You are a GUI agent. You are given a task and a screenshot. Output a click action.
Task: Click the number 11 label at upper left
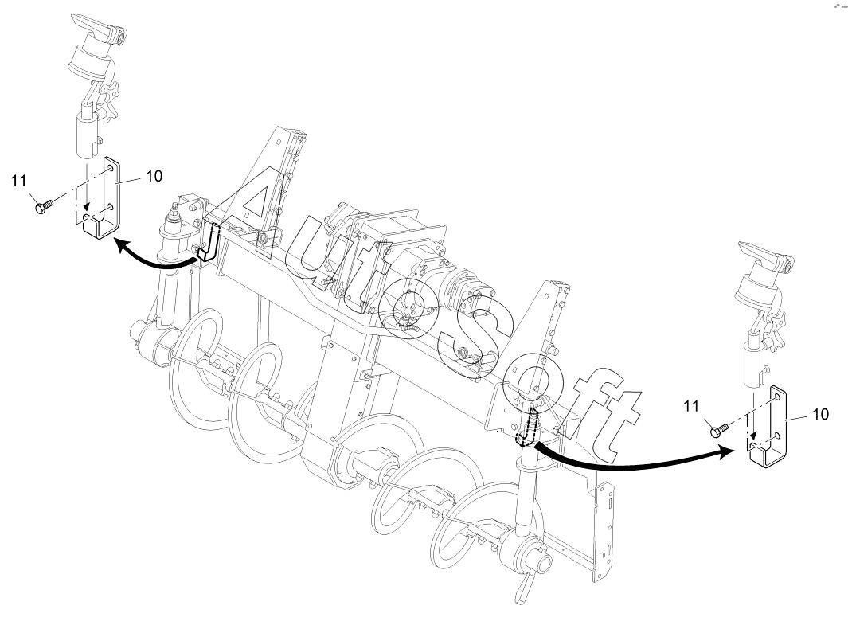pyautogui.click(x=19, y=181)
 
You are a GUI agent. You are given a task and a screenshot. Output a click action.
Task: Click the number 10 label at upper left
pyautogui.click(x=154, y=176)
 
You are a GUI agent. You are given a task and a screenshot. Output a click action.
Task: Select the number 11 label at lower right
pyautogui.click(x=691, y=406)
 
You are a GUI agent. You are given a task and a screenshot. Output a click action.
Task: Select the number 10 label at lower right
pyautogui.click(x=820, y=414)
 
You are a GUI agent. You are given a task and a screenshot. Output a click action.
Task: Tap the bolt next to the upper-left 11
pyautogui.click(x=43, y=206)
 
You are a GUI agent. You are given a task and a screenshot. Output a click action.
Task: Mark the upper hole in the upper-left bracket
pyautogui.click(x=110, y=170)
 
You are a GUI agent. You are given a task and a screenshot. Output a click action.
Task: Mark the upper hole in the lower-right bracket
pyautogui.click(x=776, y=397)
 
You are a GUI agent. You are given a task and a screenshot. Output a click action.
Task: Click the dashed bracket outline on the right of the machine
pyautogui.click(x=527, y=428)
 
